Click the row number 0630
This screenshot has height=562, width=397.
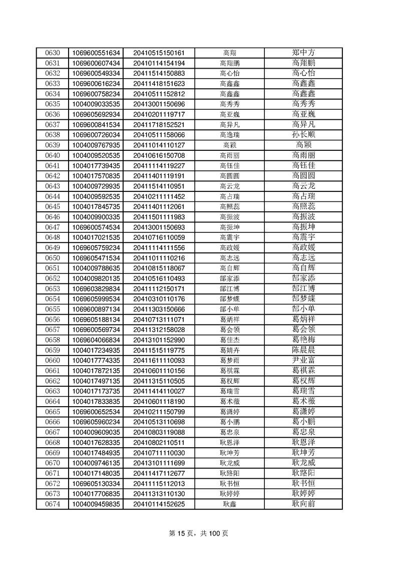[x=53, y=53]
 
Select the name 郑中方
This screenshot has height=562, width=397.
[x=303, y=53]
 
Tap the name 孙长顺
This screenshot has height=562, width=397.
[x=303, y=135]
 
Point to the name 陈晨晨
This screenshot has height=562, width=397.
[x=303, y=350]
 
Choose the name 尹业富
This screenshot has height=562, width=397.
[x=303, y=360]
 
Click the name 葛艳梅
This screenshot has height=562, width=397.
[x=303, y=340]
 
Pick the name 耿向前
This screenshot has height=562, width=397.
[x=303, y=504]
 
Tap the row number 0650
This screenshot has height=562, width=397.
[x=53, y=258]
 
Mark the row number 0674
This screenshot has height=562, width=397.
[x=53, y=504]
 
